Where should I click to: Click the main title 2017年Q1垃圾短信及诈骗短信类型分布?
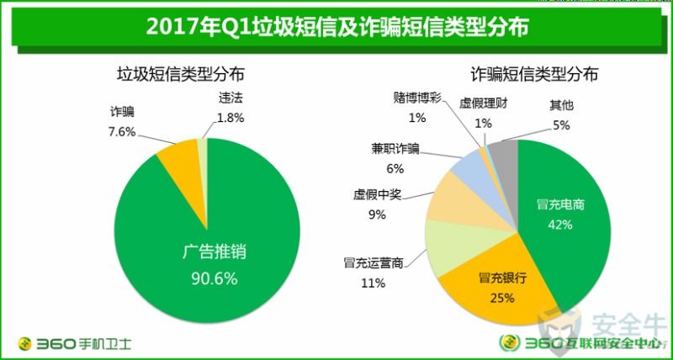336,27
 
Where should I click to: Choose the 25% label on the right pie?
501,296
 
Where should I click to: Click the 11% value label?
374,283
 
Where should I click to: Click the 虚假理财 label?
483,104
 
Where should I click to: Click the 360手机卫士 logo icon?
26,343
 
